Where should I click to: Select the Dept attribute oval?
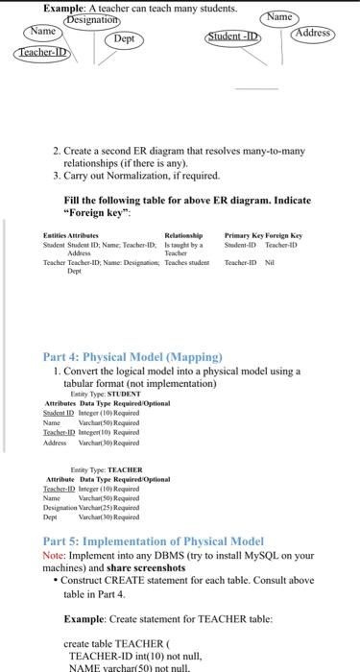(x=124, y=38)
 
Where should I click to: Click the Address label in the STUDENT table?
(x=58, y=444)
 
